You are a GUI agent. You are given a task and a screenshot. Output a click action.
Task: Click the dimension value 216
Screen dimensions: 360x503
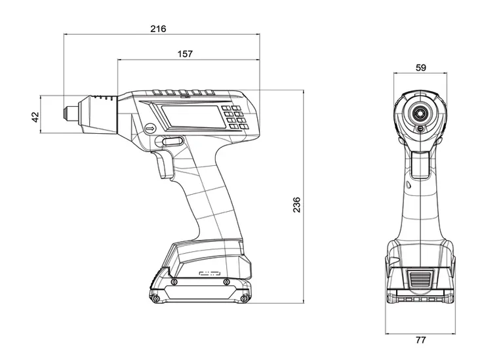pos(158,29)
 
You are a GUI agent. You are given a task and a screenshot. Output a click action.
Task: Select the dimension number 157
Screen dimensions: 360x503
pos(186,54)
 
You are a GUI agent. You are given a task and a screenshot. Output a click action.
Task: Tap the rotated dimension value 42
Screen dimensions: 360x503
pos(35,115)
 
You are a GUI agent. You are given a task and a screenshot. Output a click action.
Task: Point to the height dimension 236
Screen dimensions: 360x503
pos(296,204)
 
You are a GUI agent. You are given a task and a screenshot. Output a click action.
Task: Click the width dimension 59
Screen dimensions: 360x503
pos(420,67)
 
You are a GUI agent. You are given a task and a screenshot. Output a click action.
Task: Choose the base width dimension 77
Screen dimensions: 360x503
pos(420,340)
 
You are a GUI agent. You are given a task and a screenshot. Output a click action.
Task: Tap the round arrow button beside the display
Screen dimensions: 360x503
pos(150,129)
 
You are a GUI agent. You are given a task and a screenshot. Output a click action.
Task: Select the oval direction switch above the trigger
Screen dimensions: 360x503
pos(172,142)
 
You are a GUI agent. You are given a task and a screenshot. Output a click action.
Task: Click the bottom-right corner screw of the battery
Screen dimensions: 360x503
pos(244,298)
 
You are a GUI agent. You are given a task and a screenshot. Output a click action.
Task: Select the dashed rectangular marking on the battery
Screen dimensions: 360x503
pos(211,273)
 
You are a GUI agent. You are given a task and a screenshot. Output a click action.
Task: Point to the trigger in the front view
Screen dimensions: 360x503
pos(420,165)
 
